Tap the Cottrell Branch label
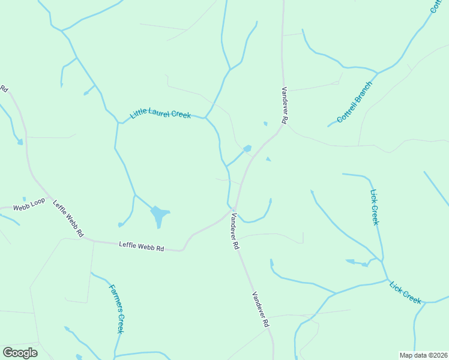click(355, 102)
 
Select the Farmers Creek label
click(116, 308)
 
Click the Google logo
click(20, 353)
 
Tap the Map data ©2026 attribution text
click(424, 355)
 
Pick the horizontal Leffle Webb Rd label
click(142, 245)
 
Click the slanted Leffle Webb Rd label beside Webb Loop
click(68, 218)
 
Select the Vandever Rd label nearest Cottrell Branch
click(285, 105)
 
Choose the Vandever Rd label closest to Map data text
click(261, 309)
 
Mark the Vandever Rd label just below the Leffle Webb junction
click(235, 232)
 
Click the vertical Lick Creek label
click(375, 207)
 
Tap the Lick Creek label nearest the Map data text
click(405, 292)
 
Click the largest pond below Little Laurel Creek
click(158, 215)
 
